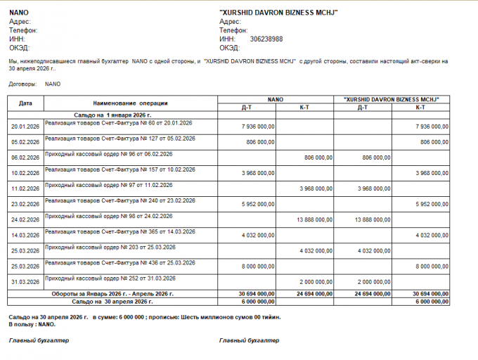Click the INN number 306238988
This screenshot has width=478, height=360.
(x=266, y=39)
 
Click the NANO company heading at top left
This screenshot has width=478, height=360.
(x=19, y=13)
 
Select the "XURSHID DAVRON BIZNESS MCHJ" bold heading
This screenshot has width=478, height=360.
(x=279, y=13)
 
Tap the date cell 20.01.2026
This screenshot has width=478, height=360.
(x=25, y=127)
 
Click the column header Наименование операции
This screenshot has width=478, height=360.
(x=129, y=103)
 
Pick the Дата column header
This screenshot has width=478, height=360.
(x=26, y=103)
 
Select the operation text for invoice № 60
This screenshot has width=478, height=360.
(x=118, y=123)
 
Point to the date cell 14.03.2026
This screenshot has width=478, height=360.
(x=25, y=236)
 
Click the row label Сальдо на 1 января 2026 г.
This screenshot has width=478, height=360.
(x=112, y=114)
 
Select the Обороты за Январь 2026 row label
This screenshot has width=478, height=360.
(x=122, y=293)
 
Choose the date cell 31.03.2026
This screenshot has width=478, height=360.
(x=25, y=282)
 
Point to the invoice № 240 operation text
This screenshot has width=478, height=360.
(x=119, y=200)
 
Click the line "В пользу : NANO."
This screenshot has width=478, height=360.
(x=32, y=324)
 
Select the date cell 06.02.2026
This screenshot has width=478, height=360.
(x=25, y=157)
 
